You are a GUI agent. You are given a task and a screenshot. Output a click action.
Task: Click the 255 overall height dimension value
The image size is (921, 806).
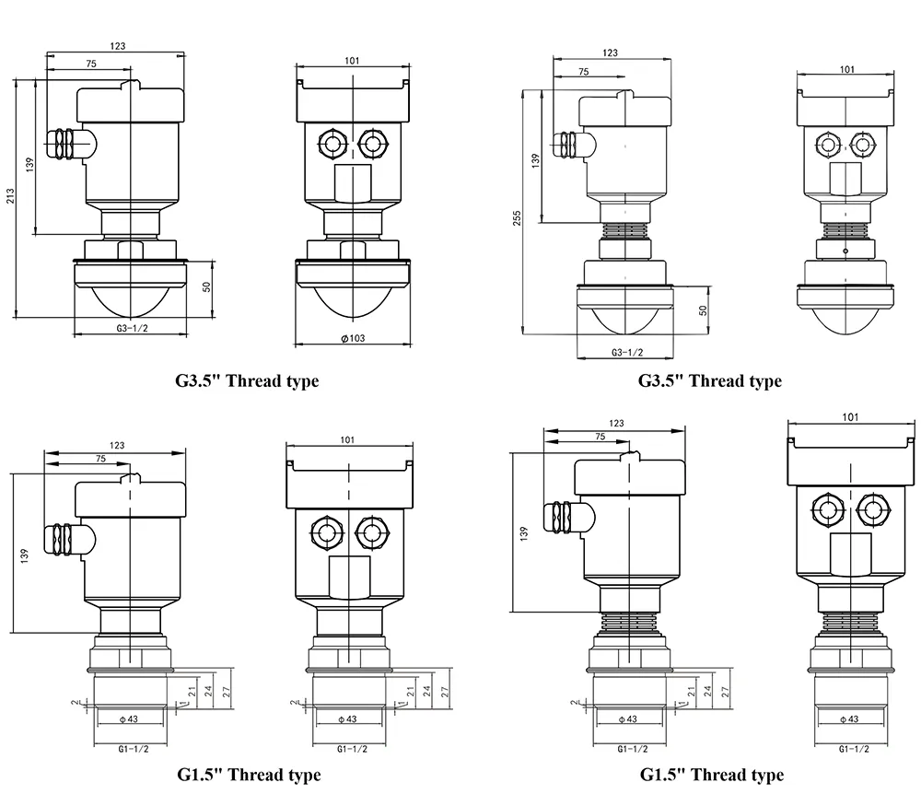click(517, 217)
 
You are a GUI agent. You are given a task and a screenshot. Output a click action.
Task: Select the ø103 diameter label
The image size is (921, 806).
click(353, 338)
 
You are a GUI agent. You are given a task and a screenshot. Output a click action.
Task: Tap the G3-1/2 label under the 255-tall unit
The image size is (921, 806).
click(627, 353)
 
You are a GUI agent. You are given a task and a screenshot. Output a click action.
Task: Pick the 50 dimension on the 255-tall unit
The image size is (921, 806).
click(705, 310)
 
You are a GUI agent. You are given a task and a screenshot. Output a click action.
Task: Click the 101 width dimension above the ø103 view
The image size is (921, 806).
click(352, 61)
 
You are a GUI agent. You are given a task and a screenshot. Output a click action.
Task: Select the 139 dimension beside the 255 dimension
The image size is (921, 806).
click(536, 159)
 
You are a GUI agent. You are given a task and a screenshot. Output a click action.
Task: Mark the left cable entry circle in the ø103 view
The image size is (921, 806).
click(330, 143)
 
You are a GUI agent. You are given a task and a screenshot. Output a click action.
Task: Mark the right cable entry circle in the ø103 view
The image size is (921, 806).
click(371, 143)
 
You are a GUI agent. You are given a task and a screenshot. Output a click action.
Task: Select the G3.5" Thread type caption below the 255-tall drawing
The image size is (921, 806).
click(709, 380)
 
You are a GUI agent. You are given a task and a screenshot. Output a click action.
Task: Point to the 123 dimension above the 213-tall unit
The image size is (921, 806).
click(117, 45)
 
